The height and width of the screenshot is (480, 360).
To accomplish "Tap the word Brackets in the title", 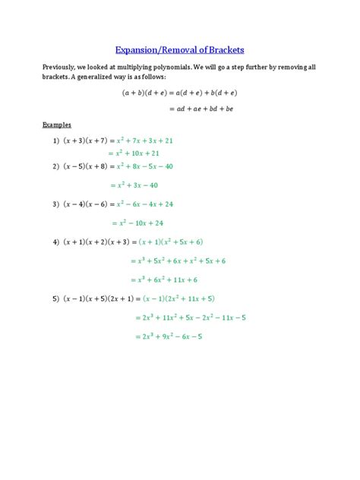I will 224,51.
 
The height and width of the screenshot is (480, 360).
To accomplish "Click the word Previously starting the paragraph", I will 64,68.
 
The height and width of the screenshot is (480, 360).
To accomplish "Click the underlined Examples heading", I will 55,124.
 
